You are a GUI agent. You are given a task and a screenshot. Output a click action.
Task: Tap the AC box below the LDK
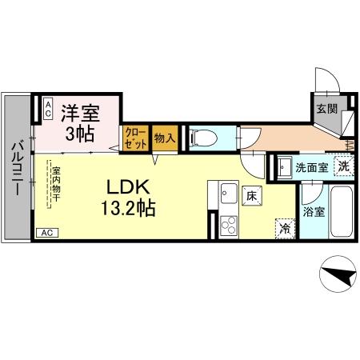[47, 234]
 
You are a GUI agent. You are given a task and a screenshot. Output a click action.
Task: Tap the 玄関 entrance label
[325, 110]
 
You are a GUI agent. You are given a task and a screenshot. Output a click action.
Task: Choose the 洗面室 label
[311, 168]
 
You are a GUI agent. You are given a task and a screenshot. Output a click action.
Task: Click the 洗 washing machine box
[342, 167]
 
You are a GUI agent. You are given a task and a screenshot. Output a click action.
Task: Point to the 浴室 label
[314, 213]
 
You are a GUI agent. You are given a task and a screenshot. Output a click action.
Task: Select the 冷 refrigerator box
[285, 227]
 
